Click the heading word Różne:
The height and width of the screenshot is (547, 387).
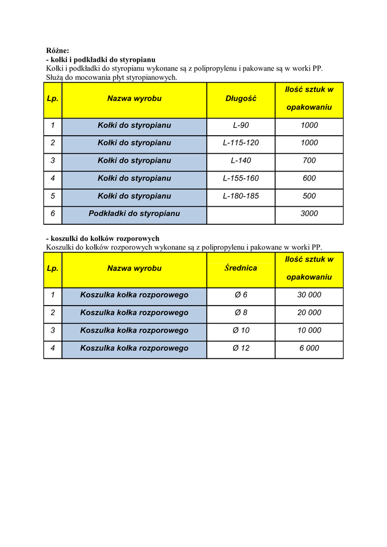(58, 51)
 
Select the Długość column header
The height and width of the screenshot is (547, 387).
(241, 99)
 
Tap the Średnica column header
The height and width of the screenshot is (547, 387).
(241, 268)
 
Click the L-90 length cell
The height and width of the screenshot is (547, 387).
(241, 126)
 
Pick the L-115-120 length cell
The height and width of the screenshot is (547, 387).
(241, 143)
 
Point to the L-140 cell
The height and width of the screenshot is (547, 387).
(241, 161)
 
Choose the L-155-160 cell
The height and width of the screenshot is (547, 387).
(241, 178)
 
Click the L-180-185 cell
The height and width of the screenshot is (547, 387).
(241, 196)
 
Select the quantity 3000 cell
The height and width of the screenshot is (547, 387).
(309, 214)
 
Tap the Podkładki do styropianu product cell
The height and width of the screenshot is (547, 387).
(134, 214)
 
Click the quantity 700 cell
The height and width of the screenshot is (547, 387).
(309, 161)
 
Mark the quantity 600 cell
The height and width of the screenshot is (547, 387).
(309, 178)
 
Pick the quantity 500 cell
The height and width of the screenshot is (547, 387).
(309, 196)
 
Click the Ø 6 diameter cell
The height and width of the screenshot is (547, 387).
(241, 295)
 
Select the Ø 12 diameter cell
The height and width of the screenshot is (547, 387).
(241, 348)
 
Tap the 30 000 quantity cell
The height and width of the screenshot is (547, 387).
(309, 295)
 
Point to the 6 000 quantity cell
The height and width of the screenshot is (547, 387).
(309, 348)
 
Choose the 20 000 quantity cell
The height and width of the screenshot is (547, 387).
(309, 312)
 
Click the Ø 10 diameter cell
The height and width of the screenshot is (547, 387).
(241, 331)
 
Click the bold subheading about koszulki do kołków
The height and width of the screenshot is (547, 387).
(103, 239)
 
